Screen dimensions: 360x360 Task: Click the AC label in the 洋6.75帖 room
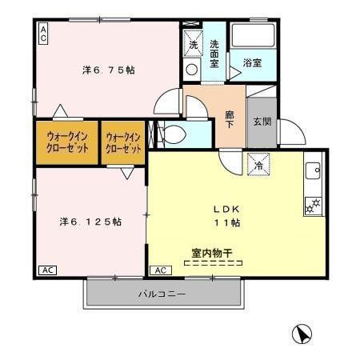click(x=43, y=32)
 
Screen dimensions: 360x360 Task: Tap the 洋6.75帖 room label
click(x=108, y=70)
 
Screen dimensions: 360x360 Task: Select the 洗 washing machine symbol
click(x=193, y=45)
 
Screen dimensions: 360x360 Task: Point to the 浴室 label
click(x=251, y=62)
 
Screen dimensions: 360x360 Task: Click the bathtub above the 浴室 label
click(x=253, y=38)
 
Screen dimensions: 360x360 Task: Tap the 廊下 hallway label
click(x=230, y=119)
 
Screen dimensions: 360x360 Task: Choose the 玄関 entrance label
click(x=262, y=122)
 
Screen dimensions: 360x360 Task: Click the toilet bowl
click(x=174, y=133)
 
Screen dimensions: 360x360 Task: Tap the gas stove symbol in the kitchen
click(x=312, y=206)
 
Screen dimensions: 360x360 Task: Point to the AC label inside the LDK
click(x=159, y=270)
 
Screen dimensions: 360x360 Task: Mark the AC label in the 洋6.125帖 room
click(x=48, y=270)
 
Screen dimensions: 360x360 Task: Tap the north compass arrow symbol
click(x=302, y=334)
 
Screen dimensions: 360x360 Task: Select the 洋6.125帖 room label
click(x=90, y=221)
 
